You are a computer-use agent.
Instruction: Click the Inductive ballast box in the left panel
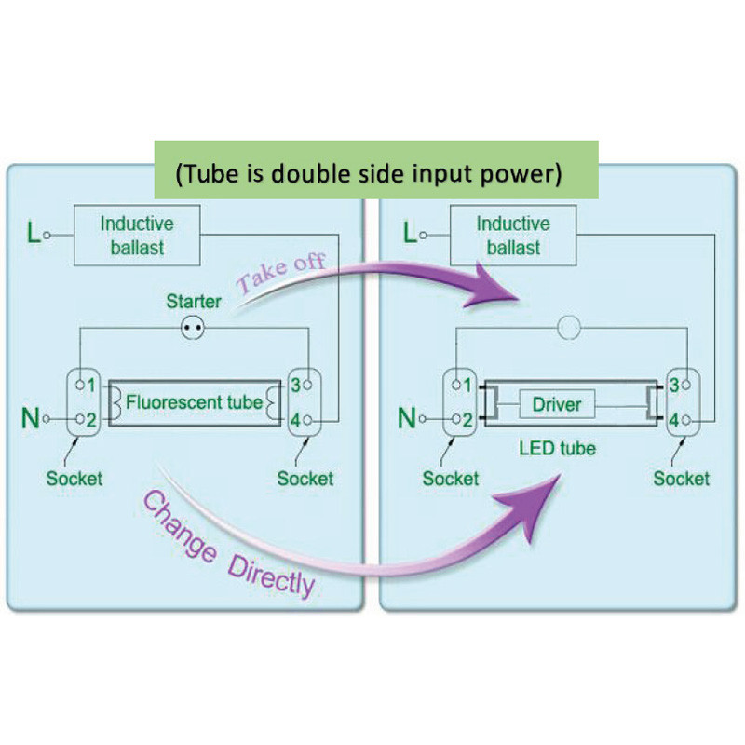[137, 236]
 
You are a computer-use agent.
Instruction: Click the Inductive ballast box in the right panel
[513, 236]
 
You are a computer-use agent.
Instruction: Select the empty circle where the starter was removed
[568, 328]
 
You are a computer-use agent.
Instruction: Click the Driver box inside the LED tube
[557, 404]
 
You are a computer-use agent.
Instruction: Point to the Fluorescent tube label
[194, 403]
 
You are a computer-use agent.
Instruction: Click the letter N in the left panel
[32, 420]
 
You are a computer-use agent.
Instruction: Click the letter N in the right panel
[407, 420]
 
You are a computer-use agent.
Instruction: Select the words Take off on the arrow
[281, 272]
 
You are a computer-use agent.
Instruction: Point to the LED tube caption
[557, 449]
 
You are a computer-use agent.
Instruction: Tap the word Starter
[194, 302]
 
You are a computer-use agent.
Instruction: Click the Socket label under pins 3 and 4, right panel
[681, 479]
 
